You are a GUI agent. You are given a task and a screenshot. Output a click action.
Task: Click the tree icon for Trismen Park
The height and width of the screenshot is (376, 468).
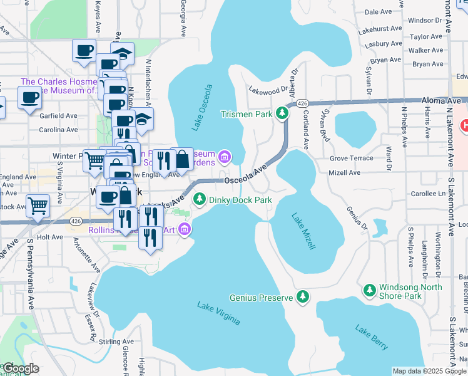283,113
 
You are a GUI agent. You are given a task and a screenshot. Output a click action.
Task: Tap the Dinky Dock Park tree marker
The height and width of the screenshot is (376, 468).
200,199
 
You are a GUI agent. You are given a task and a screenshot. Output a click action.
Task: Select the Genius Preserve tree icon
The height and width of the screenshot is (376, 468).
303,296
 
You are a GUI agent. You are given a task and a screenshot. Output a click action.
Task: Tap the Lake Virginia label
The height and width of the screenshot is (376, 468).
218,313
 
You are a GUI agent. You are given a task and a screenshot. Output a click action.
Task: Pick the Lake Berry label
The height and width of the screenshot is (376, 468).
372,337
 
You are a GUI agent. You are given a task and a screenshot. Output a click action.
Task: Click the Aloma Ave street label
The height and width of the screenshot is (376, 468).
440,100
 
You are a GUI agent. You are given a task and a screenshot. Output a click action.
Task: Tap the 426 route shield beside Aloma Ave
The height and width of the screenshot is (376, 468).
302,103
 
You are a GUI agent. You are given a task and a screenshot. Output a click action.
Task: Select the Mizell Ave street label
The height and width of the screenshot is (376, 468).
345,172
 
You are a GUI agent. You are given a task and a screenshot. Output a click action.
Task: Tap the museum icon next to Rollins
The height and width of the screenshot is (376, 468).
185,231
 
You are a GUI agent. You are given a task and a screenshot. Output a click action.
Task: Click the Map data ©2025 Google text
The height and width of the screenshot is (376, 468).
430,371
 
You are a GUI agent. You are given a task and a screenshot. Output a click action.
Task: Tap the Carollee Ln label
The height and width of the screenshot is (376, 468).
428,194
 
